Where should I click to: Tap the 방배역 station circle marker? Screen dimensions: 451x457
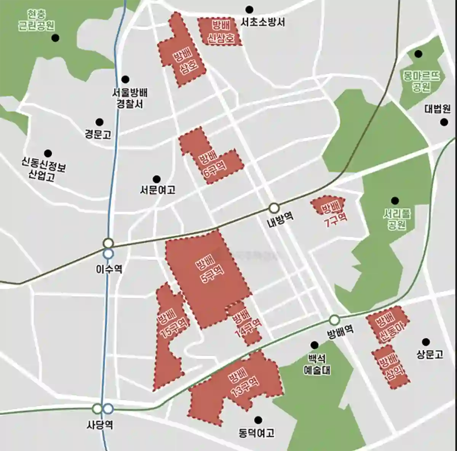[x=334, y=319]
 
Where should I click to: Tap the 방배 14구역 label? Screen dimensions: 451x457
[x=246, y=323]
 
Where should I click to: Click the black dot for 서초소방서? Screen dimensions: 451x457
[x=249, y=9]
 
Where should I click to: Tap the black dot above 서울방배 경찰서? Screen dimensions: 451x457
[x=125, y=79]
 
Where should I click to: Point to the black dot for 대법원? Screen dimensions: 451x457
[x=444, y=122]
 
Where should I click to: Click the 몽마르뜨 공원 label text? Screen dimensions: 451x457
[x=421, y=81]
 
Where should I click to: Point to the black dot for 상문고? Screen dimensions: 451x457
[x=426, y=342]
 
